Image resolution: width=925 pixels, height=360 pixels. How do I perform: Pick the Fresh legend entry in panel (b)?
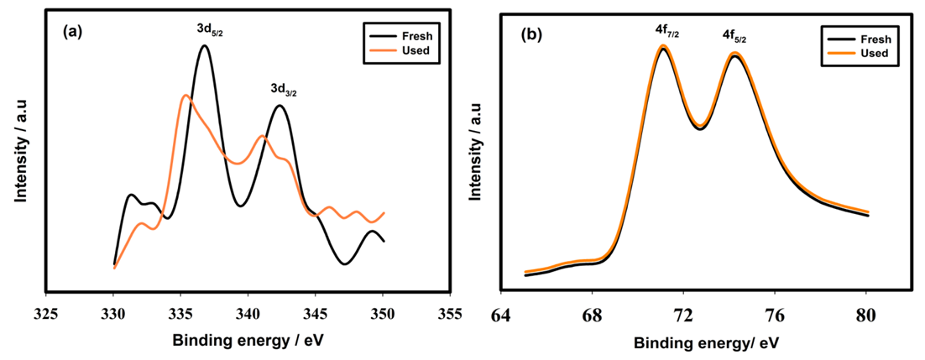click(x=871, y=39)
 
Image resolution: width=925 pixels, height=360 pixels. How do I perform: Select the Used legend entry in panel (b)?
click(x=871, y=54)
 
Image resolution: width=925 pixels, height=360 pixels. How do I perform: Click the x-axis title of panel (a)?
click(x=248, y=341)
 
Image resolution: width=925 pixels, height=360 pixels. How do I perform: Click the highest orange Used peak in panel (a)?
click(x=186, y=96)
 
